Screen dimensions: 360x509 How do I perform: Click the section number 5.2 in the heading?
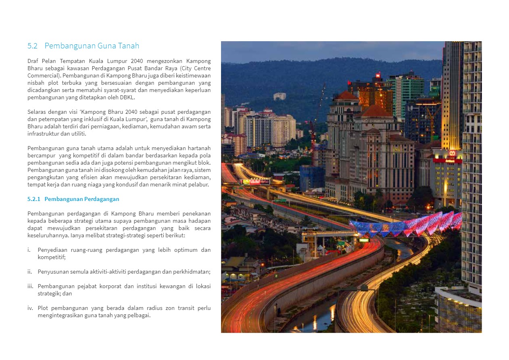[32, 46]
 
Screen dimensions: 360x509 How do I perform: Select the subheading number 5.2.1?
[34, 199]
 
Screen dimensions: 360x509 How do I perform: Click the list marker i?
[29, 250]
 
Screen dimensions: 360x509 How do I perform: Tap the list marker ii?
[30, 272]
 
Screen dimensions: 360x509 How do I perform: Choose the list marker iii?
[30, 286]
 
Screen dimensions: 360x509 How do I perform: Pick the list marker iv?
[30, 308]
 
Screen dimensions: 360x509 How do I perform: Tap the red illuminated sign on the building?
[447, 160]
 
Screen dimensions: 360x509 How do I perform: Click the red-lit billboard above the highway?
[254, 182]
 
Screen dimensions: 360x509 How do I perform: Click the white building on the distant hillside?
[280, 96]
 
